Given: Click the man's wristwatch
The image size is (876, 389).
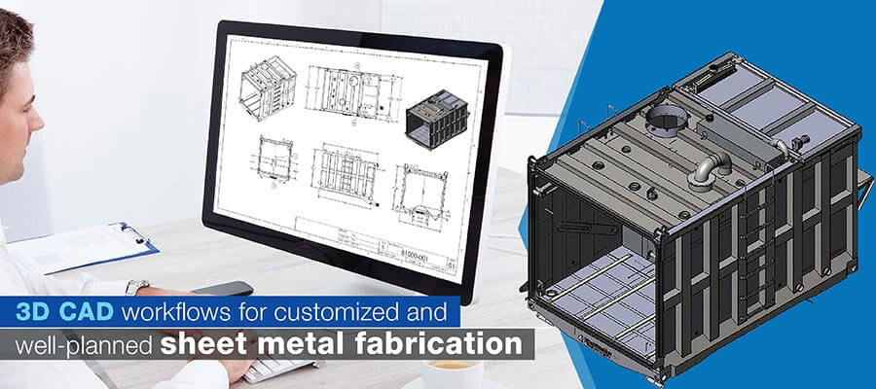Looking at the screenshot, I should point(137,287).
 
